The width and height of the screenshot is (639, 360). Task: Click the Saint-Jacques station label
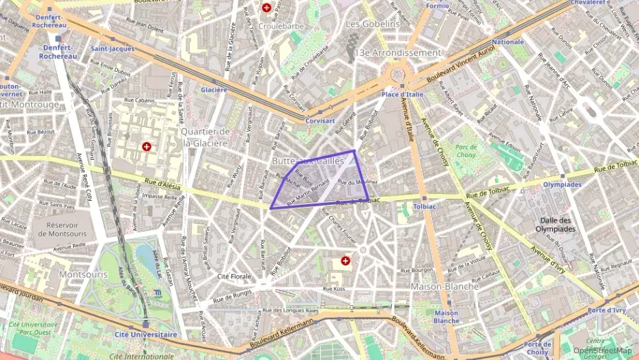click(113, 49)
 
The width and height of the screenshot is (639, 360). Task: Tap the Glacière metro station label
click(214, 89)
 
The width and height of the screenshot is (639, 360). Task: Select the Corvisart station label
click(321, 120)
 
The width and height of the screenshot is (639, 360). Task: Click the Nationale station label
click(508, 42)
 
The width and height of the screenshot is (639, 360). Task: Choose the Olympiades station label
click(562, 184)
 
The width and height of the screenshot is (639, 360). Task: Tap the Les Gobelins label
click(373, 24)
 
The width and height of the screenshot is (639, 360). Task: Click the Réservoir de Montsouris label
click(67, 229)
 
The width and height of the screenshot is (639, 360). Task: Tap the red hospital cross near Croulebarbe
click(266, 8)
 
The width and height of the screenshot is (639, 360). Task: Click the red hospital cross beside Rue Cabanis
click(146, 146)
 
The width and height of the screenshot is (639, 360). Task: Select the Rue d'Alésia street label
click(162, 182)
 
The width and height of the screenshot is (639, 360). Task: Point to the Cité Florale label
click(234, 277)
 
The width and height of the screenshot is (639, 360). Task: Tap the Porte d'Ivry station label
click(606, 310)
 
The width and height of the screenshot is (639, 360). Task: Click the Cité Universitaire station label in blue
click(145, 335)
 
